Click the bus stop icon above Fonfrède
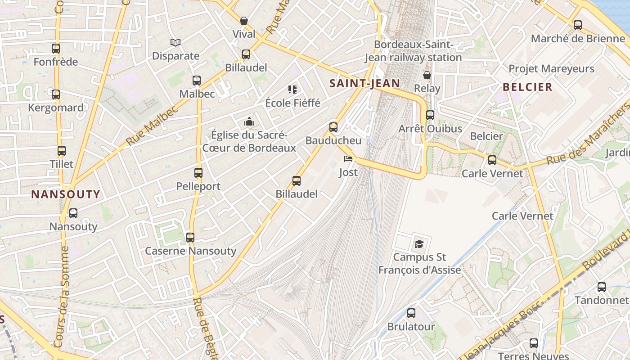(56, 49)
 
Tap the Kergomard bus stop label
(56, 108)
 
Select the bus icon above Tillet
(62, 151)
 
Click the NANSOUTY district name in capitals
(66, 194)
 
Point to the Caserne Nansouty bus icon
(190, 237)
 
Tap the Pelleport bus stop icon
(198, 172)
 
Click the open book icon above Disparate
(175, 42)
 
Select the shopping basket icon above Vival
(244, 21)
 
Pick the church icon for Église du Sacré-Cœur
(249, 121)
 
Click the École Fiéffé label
(293, 103)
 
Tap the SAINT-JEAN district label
(364, 83)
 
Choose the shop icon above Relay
(427, 75)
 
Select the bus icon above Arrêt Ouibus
(430, 115)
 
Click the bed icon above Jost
(348, 158)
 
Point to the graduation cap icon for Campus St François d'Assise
(419, 244)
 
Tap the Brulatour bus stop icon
(411, 313)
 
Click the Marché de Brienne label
(578, 39)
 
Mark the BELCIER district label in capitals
(527, 87)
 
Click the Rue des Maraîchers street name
(587, 135)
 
